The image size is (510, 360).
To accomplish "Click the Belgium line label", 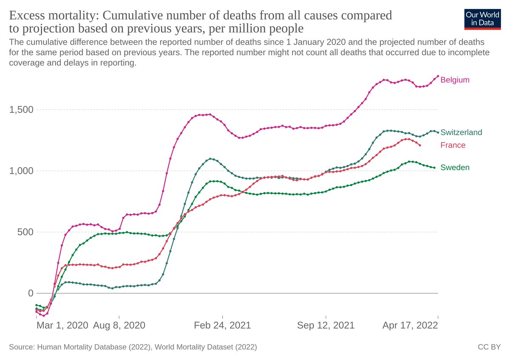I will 455,80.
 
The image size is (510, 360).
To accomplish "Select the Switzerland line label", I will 461,132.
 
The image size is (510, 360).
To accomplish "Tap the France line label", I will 453,145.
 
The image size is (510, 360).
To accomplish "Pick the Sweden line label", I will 455,167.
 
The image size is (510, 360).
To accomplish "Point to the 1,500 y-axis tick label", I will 21,110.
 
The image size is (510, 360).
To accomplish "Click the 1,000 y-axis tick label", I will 21,171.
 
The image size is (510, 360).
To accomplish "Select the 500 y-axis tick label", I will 25,232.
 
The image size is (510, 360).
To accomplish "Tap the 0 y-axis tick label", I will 30,293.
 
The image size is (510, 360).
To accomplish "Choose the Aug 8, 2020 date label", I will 119,326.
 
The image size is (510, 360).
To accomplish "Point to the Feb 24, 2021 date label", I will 222,326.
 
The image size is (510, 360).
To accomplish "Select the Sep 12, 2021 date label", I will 326,326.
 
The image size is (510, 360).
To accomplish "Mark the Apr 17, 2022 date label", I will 410,326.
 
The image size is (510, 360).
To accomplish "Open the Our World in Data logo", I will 482,18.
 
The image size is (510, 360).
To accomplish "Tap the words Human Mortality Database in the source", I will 74,347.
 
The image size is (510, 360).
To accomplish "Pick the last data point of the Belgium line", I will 438,76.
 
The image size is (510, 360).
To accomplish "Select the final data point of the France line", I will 420,145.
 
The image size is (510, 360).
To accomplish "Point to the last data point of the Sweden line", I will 434,167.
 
